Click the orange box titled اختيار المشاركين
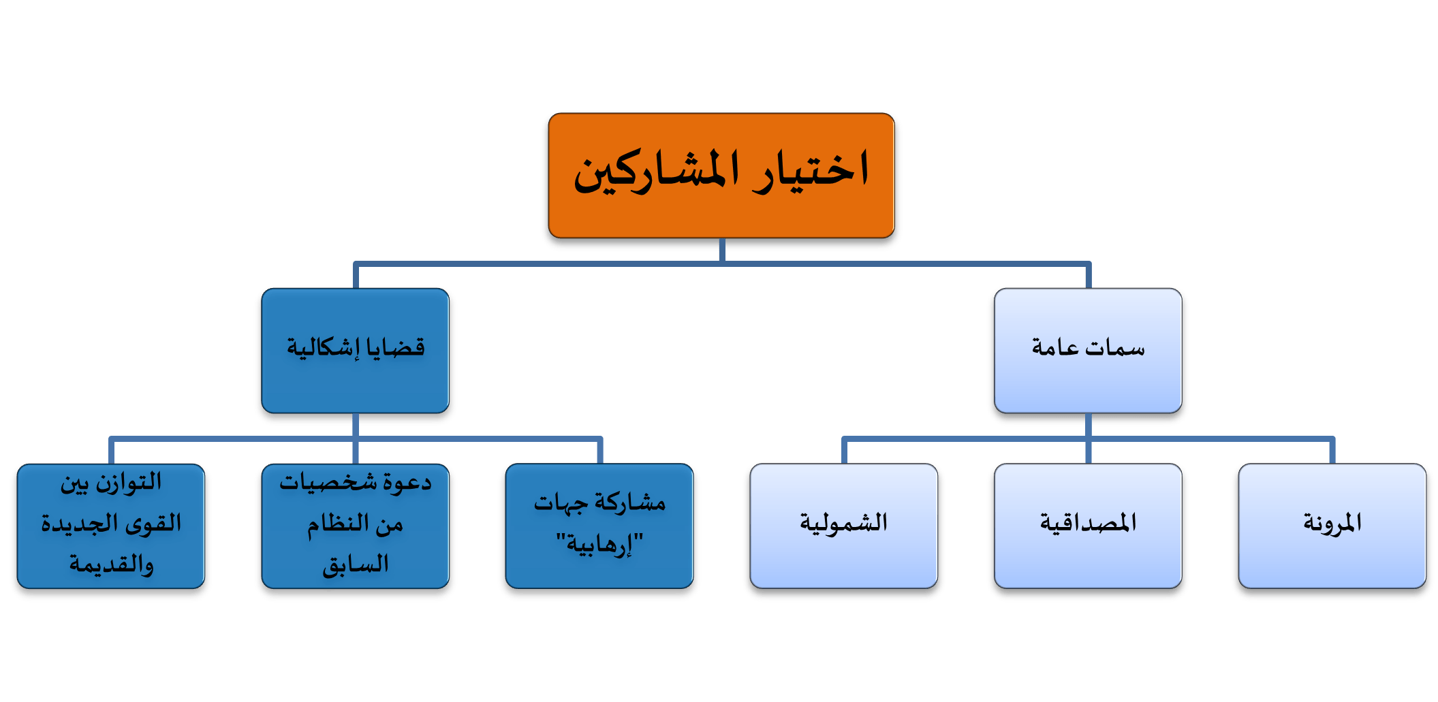tap(721, 176)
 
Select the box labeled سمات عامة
tap(1088, 351)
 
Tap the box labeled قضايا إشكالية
tap(356, 351)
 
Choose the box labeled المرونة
tap(1332, 526)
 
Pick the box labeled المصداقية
tap(1088, 526)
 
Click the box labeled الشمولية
tap(844, 526)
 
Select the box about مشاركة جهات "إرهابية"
tap(599, 526)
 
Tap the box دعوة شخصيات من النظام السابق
tap(356, 526)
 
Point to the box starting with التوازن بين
tap(111, 526)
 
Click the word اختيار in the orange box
tap(811, 170)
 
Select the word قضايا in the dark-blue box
tap(396, 347)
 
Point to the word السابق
tap(356, 564)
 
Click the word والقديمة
tap(111, 564)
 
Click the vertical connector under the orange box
tap(722, 250)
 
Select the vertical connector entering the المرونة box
tap(1332, 451)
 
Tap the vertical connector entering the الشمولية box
tap(844, 451)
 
